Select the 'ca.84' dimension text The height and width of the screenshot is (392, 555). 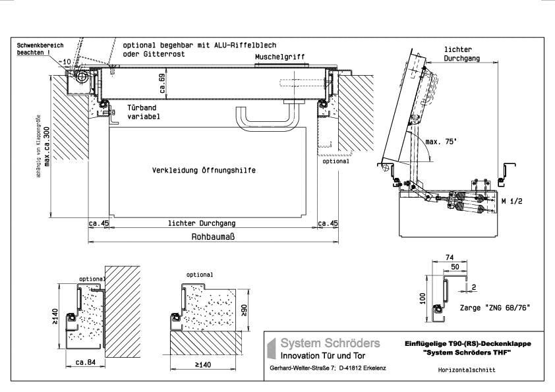85,362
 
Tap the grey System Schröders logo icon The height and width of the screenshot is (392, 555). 271,349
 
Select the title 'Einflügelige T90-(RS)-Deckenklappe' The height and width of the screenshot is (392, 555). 467,343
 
